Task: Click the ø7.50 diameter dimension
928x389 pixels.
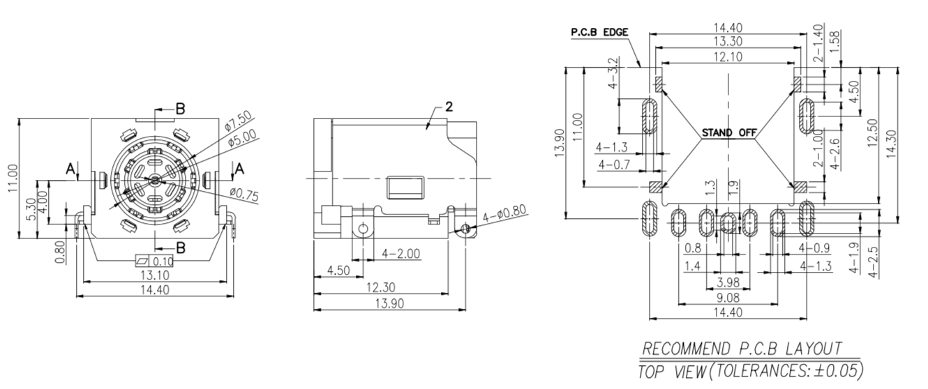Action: click(x=238, y=121)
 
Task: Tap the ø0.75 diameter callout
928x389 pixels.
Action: click(x=244, y=194)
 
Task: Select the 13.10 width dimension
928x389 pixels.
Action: click(x=154, y=275)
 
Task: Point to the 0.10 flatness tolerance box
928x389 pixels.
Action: click(x=154, y=261)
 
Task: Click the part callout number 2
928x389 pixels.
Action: click(x=449, y=107)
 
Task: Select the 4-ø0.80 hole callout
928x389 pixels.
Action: click(x=505, y=215)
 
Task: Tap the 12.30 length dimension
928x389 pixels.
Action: click(x=381, y=287)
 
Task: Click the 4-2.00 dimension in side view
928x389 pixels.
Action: click(x=401, y=253)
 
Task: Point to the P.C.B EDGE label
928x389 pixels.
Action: click(x=599, y=32)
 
